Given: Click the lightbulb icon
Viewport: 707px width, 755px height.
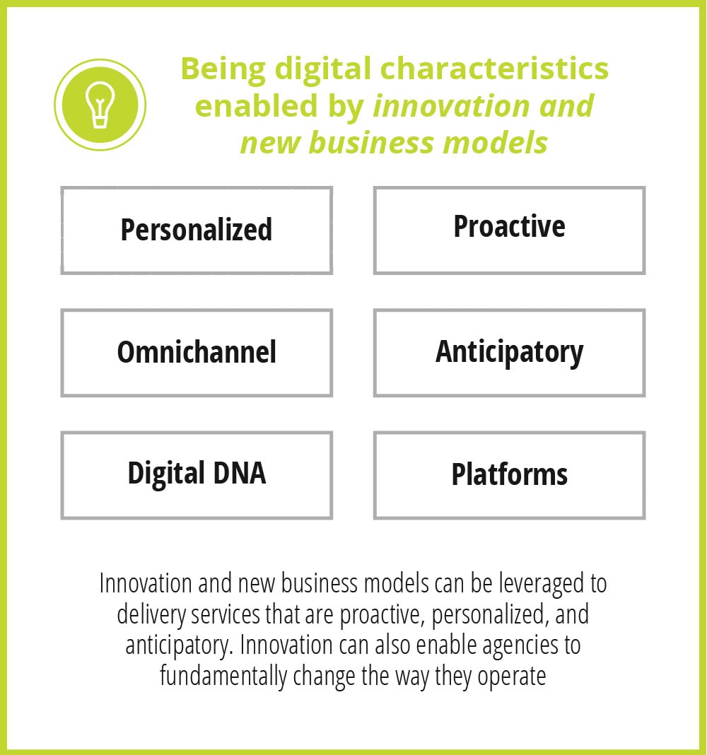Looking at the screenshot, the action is (x=100, y=105).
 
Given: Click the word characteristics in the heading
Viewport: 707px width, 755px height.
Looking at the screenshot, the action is (x=495, y=69).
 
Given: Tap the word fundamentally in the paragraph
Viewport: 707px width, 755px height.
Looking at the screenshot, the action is (x=223, y=676).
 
